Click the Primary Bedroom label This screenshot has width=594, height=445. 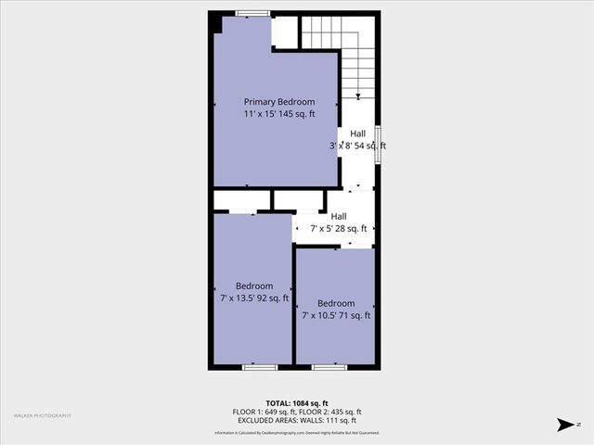coord(278,102)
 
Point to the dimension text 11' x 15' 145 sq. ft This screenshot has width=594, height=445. coord(278,113)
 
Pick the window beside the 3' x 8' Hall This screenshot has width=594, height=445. coord(378,146)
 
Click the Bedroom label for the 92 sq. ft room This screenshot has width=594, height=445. coord(254,286)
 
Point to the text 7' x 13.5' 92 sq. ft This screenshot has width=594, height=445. coord(254,298)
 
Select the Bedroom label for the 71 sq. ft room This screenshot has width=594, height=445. coord(336,303)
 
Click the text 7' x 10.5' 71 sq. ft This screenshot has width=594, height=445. coord(336,315)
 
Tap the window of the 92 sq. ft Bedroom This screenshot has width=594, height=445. coord(260,367)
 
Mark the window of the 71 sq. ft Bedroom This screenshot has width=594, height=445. coord(329,367)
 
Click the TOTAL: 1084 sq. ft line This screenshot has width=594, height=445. coord(297,403)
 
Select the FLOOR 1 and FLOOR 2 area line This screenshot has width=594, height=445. coord(297,412)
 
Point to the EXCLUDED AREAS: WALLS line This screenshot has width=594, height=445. coord(297,420)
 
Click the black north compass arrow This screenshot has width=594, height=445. coord(563,424)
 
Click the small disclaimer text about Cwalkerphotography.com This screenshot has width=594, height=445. coord(297,433)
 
